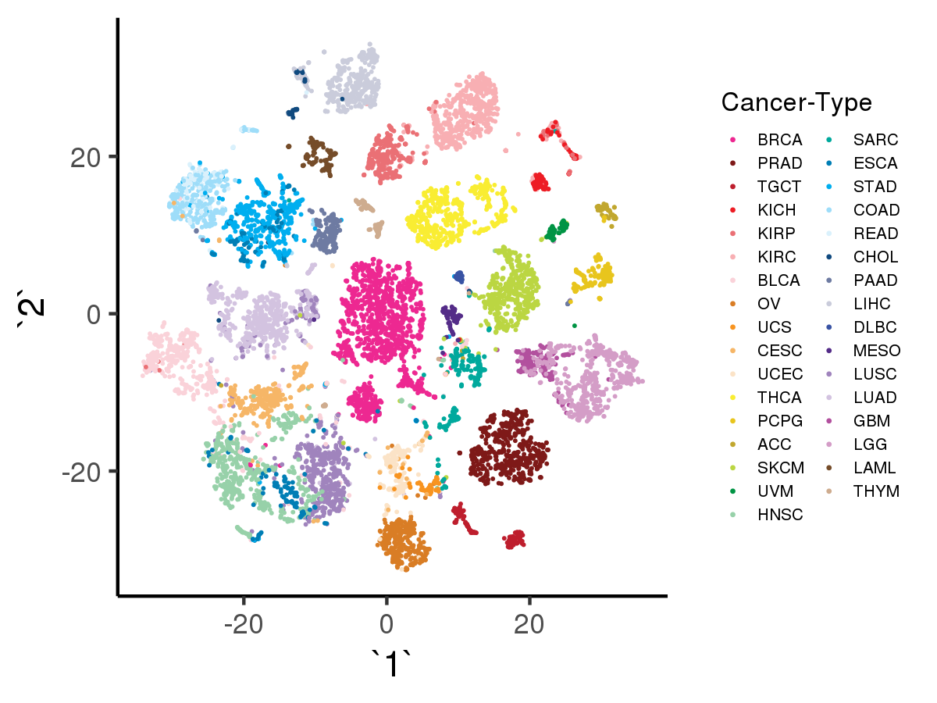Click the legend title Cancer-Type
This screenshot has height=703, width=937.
click(x=796, y=102)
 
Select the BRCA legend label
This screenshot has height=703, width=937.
click(x=779, y=141)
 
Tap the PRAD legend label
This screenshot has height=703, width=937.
click(x=779, y=164)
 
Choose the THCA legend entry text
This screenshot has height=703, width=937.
click(x=779, y=398)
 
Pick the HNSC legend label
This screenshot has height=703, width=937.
click(x=779, y=515)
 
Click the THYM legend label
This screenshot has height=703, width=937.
click(x=876, y=491)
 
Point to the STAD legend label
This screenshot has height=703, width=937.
click(x=875, y=187)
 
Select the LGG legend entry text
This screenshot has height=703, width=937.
click(x=871, y=444)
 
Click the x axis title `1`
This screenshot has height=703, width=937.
click(x=390, y=665)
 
